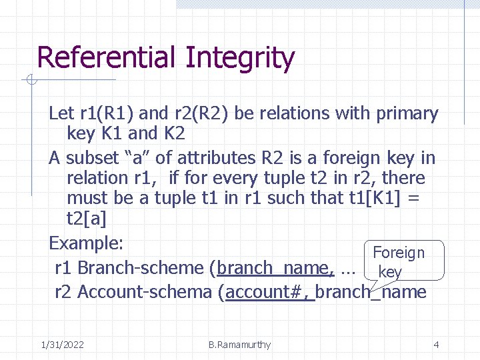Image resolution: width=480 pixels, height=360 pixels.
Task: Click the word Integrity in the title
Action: point(240,58)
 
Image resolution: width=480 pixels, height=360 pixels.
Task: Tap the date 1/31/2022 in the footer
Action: point(62,345)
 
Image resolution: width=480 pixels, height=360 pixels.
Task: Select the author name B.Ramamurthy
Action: point(239,345)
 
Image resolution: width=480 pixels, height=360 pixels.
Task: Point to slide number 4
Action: point(436,345)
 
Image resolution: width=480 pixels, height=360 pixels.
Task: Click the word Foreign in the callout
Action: point(399,253)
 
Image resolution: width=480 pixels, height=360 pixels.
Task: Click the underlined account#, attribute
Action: point(269,292)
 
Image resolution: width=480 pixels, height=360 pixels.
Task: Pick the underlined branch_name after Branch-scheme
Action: point(275,268)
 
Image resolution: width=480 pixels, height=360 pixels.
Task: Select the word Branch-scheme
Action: point(141,268)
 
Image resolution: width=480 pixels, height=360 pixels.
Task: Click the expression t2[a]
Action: point(87,219)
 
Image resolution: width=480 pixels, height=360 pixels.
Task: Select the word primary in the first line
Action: point(407,114)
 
